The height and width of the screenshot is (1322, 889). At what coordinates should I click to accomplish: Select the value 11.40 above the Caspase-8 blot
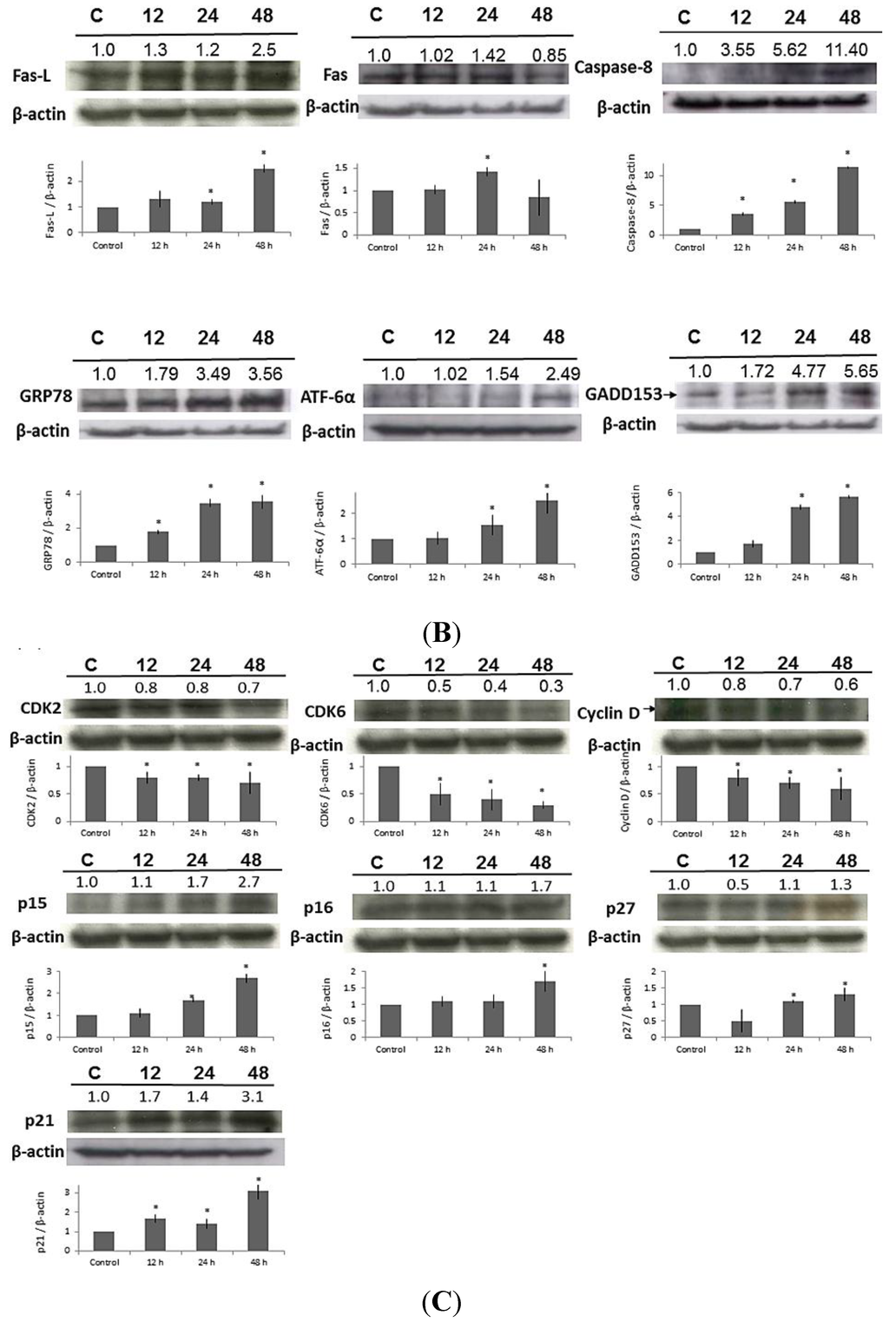click(846, 50)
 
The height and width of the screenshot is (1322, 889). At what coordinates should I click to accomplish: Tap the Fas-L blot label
click(31, 76)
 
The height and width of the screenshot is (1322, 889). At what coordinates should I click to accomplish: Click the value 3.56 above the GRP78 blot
click(263, 374)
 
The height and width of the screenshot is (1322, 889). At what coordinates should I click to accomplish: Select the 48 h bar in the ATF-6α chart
click(546, 532)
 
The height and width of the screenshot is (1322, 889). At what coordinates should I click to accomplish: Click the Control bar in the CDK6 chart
click(388, 793)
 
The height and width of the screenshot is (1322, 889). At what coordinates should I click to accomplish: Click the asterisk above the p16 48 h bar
click(544, 965)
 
